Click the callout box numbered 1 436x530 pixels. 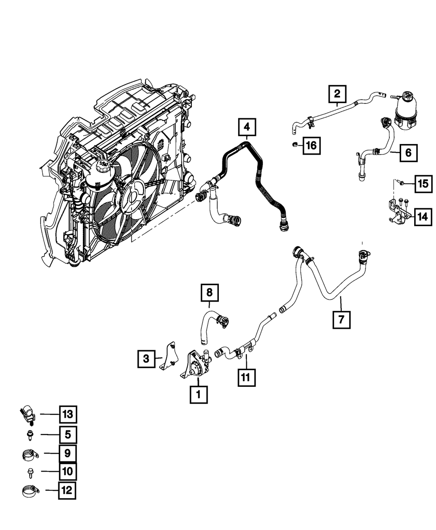pyautogui.click(x=198, y=395)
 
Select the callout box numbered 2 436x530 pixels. pyautogui.click(x=337, y=94)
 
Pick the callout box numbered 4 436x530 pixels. pyautogui.click(x=247, y=127)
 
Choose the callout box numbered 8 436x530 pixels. pyautogui.click(x=209, y=292)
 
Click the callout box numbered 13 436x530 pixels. pyautogui.click(x=68, y=413)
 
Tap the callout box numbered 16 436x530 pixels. pyautogui.click(x=311, y=145)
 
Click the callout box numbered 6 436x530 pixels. pyautogui.click(x=408, y=152)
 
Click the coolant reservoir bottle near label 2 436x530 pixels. pyautogui.click(x=406, y=111)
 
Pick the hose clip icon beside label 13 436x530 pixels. pyautogui.click(x=27, y=414)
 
